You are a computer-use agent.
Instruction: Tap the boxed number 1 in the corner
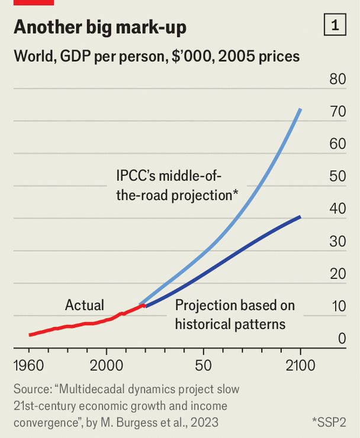(x=335, y=25)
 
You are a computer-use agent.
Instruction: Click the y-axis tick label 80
(x=337, y=79)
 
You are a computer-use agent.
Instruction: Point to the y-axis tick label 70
(x=337, y=111)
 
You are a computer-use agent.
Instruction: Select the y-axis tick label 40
(x=337, y=209)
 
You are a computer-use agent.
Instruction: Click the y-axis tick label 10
(x=337, y=307)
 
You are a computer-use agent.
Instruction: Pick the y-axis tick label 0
(x=342, y=339)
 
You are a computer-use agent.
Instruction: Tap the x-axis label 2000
(x=107, y=365)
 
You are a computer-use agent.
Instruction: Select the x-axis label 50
(x=203, y=365)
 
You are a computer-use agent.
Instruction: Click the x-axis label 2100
(x=301, y=365)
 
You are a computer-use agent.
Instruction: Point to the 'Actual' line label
(x=84, y=305)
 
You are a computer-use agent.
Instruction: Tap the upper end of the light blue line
(x=301, y=109)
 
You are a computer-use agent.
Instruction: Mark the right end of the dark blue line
(x=300, y=217)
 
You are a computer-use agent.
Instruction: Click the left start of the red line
(x=30, y=335)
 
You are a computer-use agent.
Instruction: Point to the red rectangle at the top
(x=33, y=2)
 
